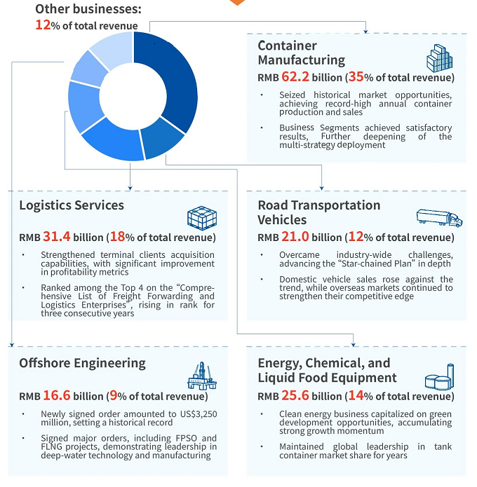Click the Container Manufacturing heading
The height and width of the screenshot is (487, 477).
coord(301,53)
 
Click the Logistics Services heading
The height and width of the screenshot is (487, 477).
coord(72,205)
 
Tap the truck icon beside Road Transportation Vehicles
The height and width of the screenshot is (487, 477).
coord(439,218)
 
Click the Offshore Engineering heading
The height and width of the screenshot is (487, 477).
coord(83,363)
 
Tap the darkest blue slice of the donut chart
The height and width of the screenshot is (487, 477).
coord(168,77)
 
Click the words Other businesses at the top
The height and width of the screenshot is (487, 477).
coord(88,9)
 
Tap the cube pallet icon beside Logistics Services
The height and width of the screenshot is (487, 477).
coord(202,218)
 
